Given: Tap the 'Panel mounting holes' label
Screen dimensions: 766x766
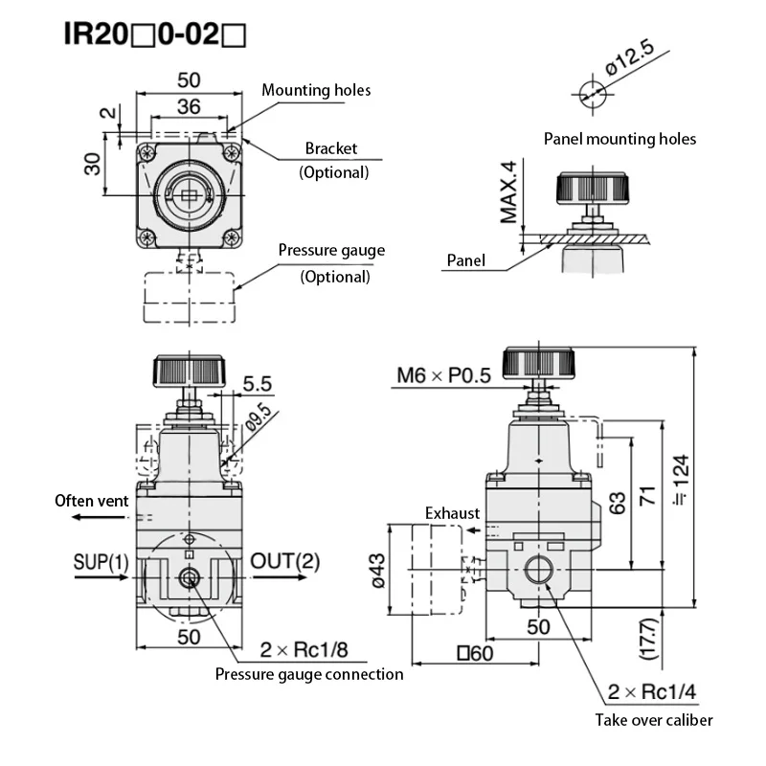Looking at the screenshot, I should tap(620, 139).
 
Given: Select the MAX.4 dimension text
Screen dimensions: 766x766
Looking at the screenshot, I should tap(509, 191).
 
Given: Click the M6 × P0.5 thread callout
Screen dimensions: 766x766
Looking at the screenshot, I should tap(443, 375).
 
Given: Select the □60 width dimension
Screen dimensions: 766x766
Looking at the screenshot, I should tap(474, 654).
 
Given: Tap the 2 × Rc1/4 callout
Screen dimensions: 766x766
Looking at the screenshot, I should tap(653, 692).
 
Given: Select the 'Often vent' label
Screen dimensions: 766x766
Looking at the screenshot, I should tap(91, 500).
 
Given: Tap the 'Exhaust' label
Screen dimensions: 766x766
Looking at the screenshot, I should tap(452, 513).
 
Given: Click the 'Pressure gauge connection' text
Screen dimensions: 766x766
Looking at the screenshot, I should tap(308, 674).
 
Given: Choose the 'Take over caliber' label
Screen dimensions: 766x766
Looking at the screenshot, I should tap(654, 720).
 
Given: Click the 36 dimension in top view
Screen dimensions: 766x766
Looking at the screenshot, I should tap(188, 106).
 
